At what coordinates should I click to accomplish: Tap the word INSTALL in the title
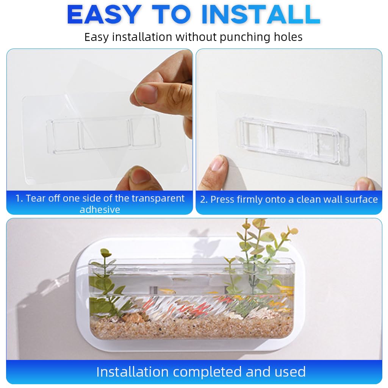tap(261, 15)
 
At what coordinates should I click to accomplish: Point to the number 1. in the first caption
tap(19, 199)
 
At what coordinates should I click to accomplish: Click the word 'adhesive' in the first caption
tap(100, 210)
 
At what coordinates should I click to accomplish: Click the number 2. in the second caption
tap(204, 200)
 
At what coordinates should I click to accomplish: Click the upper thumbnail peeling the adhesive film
tap(146, 93)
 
